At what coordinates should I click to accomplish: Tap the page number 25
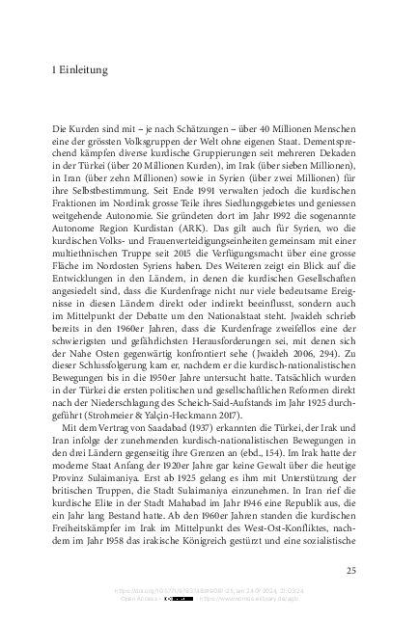pyautogui.click(x=350, y=571)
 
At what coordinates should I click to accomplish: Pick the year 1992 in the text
pyautogui.click(x=258, y=234)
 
